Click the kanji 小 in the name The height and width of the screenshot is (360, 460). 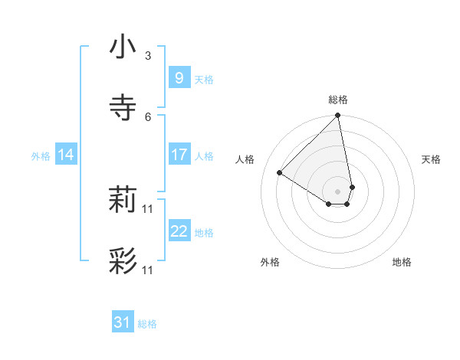tap(123, 47)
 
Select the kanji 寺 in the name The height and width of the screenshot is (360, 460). tap(123, 107)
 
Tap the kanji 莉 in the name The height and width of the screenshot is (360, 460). tap(123, 201)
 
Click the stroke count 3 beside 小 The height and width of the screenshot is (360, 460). tap(148, 56)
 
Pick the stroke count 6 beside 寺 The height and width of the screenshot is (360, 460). tap(148, 116)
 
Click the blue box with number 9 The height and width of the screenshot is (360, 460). tap(179, 78)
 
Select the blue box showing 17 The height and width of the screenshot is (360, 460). tap(179, 155)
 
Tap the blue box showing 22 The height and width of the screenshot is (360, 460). tap(179, 231)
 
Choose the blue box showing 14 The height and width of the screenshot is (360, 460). tap(66, 155)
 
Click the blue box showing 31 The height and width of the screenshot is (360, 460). tap(123, 323)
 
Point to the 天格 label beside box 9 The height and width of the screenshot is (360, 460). tap(204, 80)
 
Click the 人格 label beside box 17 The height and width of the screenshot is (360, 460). tap(204, 156)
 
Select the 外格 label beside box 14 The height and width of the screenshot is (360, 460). tap(41, 156)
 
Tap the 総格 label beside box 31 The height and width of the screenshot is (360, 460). tap(147, 325)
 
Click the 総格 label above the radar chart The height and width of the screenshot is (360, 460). tap(338, 100)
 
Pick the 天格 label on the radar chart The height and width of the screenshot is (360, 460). tap(431, 159)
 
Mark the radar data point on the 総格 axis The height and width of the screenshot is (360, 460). tap(338, 116)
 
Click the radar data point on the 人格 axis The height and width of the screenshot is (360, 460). tap(280, 173)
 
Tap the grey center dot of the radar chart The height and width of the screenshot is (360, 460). tap(338, 191)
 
